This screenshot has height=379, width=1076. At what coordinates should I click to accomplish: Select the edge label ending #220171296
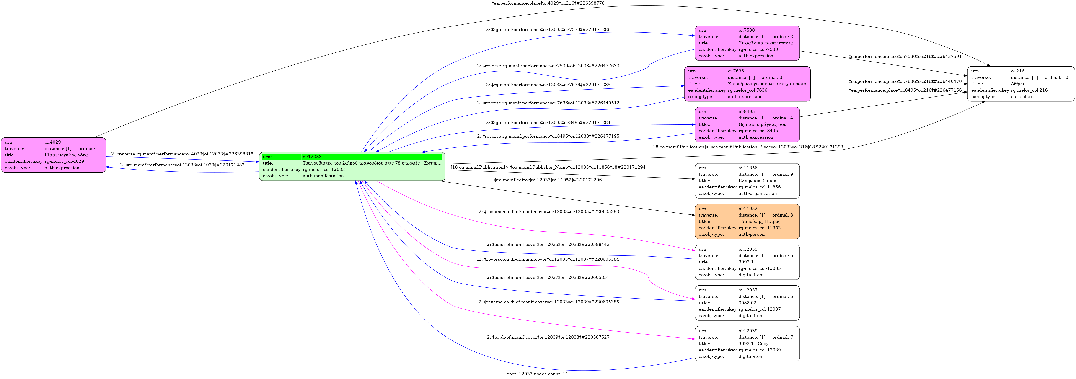point(548,180)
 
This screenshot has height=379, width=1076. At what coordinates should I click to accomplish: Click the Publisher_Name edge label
point(548,167)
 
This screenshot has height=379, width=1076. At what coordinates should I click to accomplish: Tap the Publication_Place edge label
point(747,147)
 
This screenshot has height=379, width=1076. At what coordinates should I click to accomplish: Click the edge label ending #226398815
point(182,154)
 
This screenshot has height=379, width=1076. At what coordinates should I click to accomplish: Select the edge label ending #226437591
point(905,56)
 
